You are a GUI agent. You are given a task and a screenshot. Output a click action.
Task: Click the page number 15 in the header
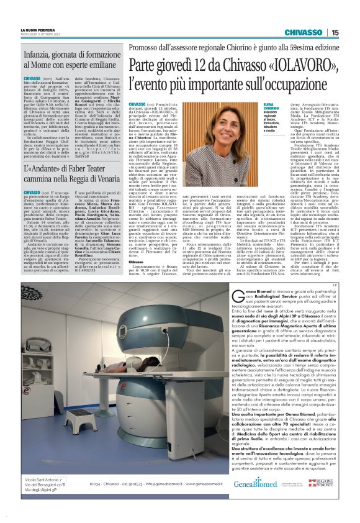point(335,32)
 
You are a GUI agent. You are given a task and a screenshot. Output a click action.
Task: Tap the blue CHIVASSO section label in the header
point(304,32)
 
